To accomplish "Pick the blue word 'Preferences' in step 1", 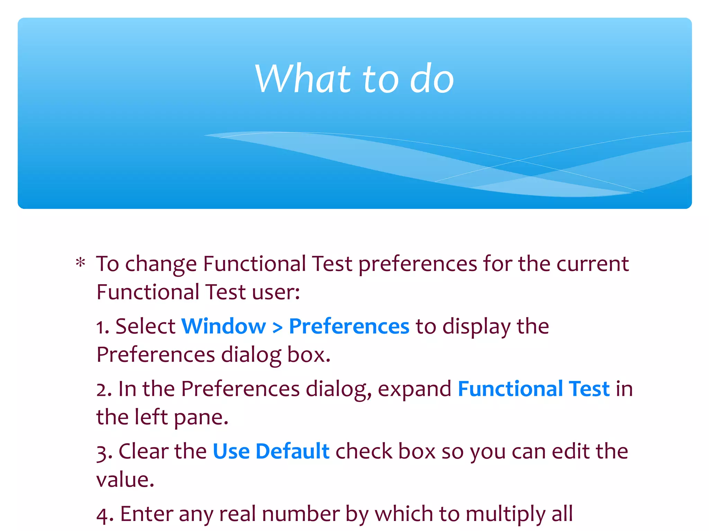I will coord(349,327).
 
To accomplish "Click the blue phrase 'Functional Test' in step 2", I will coord(533,389).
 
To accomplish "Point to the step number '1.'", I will coord(102,327).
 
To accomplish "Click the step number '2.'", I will coord(104,389).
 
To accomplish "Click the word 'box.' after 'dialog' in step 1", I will coord(309,355).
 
